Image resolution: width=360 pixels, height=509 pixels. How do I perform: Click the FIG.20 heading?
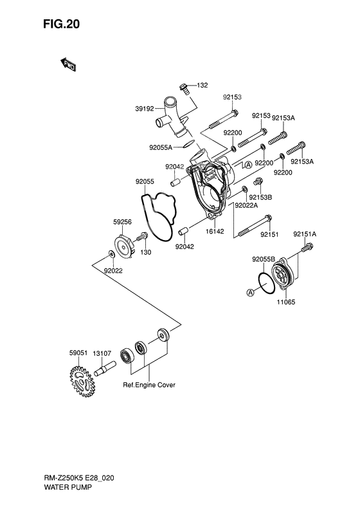point(61,24)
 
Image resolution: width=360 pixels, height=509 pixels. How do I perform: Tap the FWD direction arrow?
point(67,64)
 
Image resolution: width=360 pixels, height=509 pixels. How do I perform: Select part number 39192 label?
point(145,109)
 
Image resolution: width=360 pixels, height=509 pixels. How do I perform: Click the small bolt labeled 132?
point(184,88)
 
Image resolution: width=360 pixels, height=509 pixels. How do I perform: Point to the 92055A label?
point(161,148)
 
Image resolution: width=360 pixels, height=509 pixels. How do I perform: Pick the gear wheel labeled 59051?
point(82,381)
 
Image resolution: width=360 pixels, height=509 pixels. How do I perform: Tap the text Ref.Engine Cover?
point(149,385)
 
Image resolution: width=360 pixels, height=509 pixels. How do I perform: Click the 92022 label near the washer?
point(113,270)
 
